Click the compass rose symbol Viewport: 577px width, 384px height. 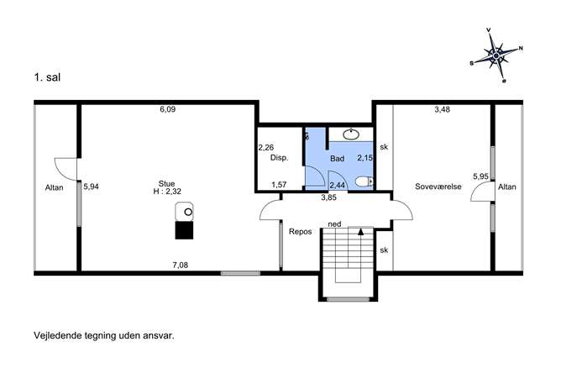496,55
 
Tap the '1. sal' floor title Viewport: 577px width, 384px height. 47,77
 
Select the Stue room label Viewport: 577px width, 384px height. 166,184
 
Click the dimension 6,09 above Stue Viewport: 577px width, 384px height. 167,109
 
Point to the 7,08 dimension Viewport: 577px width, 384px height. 181,265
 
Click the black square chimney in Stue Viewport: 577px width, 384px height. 184,230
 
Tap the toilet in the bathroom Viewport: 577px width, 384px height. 365,181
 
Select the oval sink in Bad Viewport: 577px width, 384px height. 351,134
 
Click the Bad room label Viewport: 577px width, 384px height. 337,159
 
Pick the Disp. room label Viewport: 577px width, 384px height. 280,158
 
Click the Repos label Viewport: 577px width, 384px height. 301,232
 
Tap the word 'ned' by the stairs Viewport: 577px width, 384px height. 334,224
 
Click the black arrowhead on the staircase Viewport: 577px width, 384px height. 360,232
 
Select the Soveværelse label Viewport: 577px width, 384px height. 438,187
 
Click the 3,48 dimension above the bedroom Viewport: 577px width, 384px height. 442,109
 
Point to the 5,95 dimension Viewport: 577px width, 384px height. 480,176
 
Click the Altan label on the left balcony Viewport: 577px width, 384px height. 54,187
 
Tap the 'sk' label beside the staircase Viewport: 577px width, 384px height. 384,250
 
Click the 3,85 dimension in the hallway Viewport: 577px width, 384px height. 328,197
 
